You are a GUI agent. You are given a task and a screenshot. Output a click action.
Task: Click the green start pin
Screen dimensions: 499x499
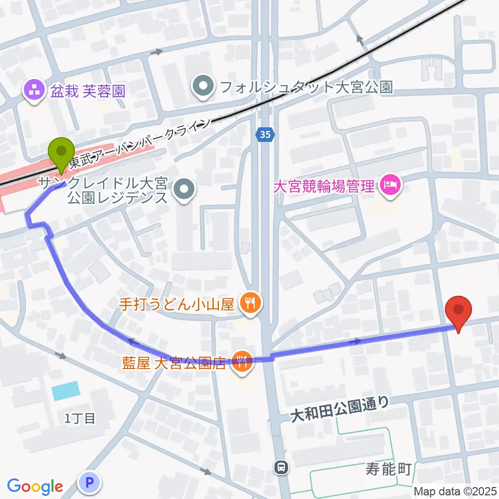point(61,152)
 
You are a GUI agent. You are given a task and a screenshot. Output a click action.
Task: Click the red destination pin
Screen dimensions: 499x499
point(459,310)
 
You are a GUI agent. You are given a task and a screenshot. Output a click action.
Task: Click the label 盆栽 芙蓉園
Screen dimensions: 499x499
point(88,92)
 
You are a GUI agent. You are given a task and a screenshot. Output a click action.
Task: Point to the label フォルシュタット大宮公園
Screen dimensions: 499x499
point(305,86)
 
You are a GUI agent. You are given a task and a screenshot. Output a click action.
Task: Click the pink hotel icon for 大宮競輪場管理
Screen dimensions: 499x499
point(390,185)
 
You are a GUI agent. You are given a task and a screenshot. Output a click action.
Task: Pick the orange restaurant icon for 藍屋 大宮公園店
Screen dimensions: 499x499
point(241,361)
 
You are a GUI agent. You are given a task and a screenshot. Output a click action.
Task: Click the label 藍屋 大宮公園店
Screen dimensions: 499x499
point(174,362)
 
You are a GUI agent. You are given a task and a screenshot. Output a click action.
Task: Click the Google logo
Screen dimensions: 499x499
point(35,487)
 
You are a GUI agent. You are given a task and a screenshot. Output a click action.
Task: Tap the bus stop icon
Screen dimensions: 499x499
point(281,467)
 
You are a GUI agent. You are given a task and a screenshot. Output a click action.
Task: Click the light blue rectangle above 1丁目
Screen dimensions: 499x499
point(66,390)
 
